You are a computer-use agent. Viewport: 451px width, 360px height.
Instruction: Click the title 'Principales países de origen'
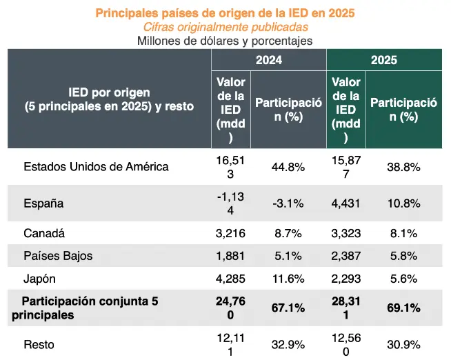coord(225,12)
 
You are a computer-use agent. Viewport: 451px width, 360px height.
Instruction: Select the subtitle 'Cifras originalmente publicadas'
coord(225,27)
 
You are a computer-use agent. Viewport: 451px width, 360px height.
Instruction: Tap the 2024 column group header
coord(268,60)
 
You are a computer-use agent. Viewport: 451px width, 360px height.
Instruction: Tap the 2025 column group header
coord(383,60)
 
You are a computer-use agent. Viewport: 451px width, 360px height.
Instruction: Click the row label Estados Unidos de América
coord(96,166)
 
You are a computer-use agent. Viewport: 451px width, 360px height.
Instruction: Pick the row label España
coord(43,203)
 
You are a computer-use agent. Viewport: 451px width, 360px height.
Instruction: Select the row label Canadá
coord(44,233)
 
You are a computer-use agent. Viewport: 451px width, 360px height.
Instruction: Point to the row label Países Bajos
coord(58,256)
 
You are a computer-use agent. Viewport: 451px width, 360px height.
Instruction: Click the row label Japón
coord(40,279)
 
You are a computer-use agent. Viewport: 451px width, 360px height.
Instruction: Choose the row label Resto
coord(39,344)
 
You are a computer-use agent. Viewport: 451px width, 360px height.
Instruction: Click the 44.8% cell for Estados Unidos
coord(288,167)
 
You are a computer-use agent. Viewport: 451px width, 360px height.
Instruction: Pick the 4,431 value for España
coord(345,203)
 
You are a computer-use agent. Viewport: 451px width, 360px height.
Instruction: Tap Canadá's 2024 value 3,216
coord(230,233)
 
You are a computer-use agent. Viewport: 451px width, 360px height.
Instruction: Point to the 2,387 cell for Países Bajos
coord(345,256)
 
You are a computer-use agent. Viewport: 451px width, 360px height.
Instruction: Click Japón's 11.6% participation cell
coord(288,279)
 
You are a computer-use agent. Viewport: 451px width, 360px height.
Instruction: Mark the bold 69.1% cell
coord(403,308)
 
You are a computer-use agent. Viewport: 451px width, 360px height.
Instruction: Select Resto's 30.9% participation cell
coord(403,344)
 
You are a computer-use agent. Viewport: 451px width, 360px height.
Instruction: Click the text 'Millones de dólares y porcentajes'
coord(225,41)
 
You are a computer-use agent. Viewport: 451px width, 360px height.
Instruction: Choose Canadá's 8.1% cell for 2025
coord(403,233)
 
